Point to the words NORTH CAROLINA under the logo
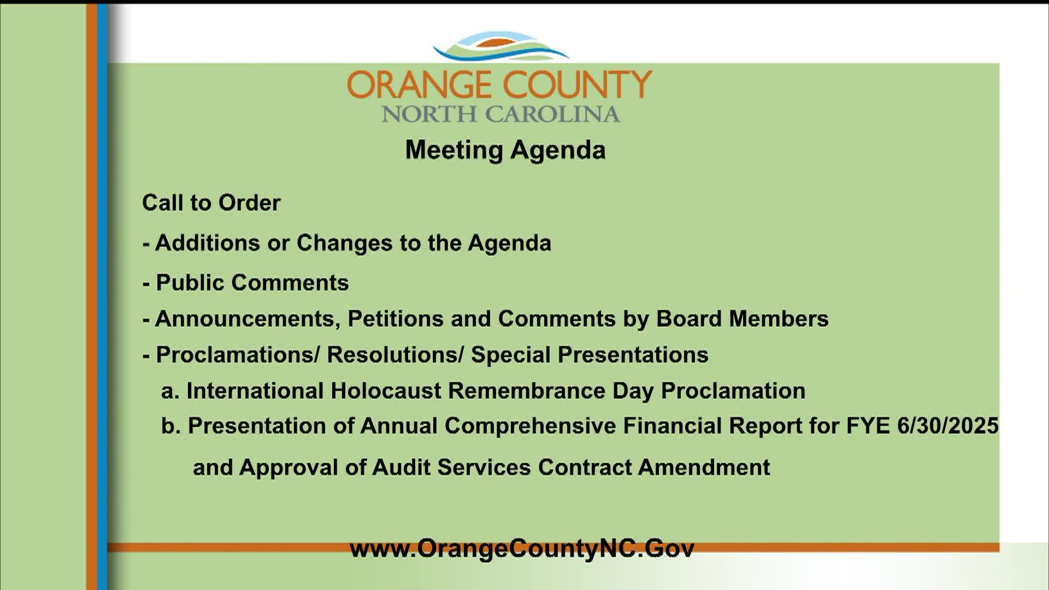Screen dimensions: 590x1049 click(x=500, y=114)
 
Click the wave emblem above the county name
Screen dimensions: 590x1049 click(x=500, y=46)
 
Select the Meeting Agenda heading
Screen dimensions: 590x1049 click(x=505, y=150)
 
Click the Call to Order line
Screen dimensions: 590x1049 click(x=211, y=203)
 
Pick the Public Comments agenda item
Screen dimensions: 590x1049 click(x=252, y=283)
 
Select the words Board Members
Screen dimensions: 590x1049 click(x=742, y=319)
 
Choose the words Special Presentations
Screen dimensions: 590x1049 click(x=590, y=355)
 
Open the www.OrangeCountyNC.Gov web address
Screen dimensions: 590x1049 click(x=522, y=548)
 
